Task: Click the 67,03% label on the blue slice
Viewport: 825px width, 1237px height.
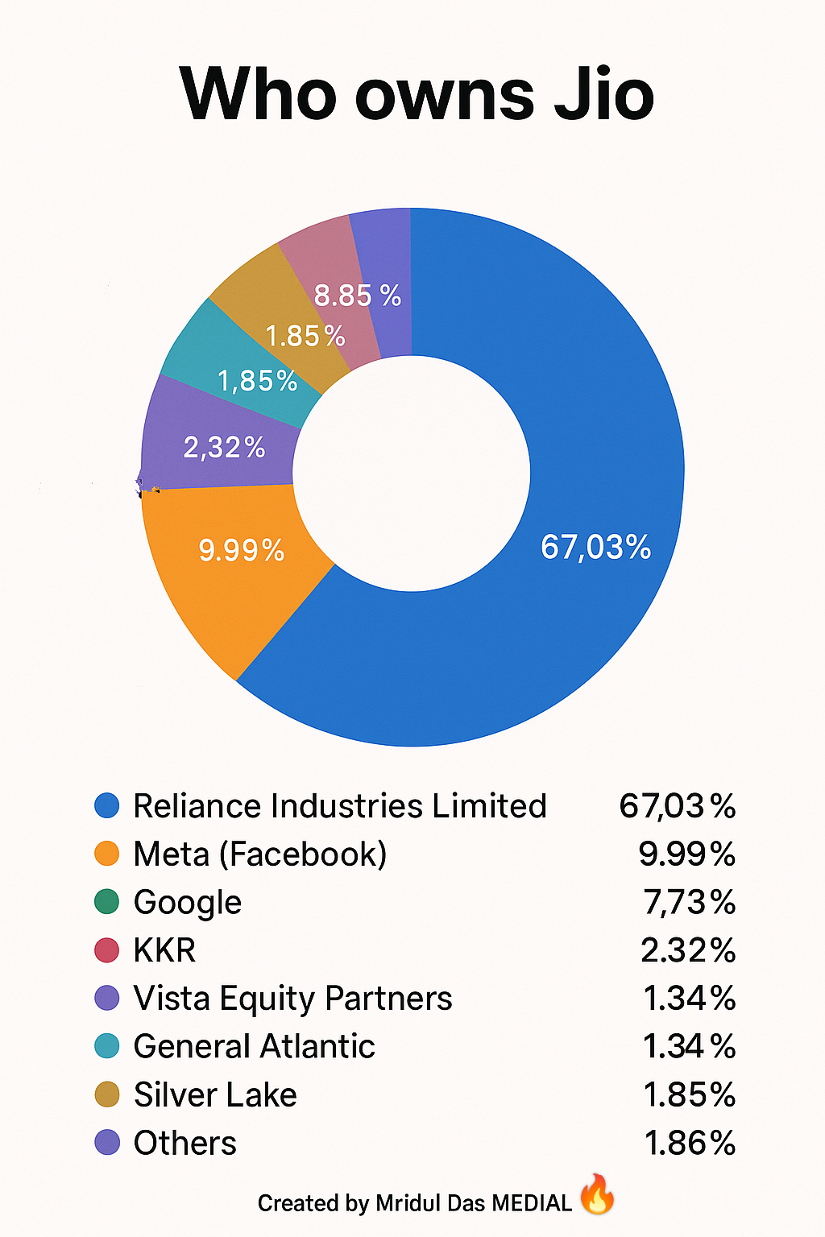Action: [595, 547]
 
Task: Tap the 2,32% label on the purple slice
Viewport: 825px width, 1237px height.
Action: [224, 447]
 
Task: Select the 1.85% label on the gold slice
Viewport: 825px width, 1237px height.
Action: [305, 336]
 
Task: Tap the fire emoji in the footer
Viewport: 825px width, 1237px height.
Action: [597, 1194]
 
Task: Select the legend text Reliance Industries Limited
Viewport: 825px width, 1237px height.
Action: [340, 806]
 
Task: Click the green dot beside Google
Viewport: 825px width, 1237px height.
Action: [106, 902]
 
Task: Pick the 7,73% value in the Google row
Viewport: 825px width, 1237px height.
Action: [690, 903]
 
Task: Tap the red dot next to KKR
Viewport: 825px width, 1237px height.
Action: [106, 950]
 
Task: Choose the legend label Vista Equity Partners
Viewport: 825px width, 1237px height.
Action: [292, 999]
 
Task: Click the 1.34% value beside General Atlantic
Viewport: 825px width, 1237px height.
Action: [690, 1047]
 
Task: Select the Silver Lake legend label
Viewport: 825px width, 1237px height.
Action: [215, 1095]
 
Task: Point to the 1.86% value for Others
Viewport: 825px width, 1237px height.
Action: [690, 1144]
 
